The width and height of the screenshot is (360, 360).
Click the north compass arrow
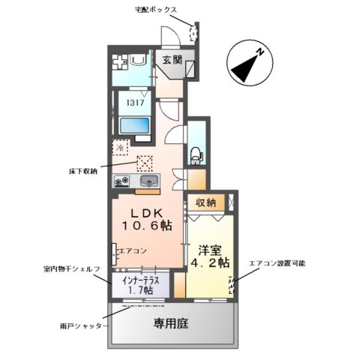pyautogui.click(x=248, y=65)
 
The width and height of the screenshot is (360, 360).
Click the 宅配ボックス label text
pyautogui.click(x=156, y=10)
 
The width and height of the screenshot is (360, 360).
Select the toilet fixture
pyautogui.click(x=196, y=153)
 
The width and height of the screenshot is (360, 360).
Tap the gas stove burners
pyautogui.click(x=121, y=181)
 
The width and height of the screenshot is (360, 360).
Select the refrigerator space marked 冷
pyautogui.click(x=120, y=148)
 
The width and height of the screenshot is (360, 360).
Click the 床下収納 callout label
pyautogui.click(x=83, y=172)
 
